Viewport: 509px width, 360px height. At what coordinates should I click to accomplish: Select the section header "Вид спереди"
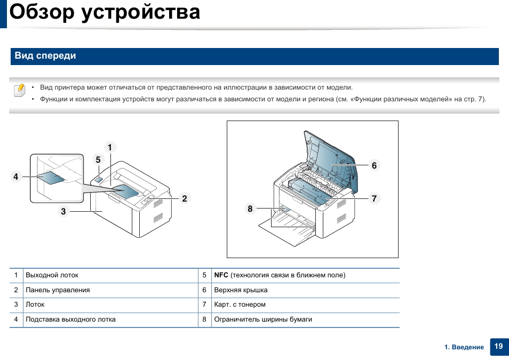tap(45, 56)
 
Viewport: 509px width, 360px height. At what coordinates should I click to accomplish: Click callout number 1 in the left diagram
tap(110, 147)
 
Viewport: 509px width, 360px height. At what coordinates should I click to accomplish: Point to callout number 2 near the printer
tap(184, 199)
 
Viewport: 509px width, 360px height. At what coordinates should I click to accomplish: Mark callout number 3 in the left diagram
tap(63, 211)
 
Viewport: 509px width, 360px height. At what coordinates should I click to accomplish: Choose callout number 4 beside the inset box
tap(16, 177)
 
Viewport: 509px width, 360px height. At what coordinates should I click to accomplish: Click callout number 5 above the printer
tap(98, 159)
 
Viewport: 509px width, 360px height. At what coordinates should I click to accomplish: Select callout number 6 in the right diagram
tap(374, 166)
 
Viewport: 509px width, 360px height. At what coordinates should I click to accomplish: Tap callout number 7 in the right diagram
tap(374, 198)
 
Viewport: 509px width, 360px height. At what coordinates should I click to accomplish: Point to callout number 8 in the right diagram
tap(250, 209)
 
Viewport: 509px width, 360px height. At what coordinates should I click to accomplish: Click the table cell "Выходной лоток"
tap(52, 275)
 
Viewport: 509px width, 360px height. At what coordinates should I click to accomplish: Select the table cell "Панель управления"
tap(58, 290)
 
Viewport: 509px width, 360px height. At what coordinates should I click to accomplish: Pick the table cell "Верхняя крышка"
tap(241, 290)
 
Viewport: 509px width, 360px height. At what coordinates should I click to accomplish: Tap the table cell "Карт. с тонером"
tap(240, 305)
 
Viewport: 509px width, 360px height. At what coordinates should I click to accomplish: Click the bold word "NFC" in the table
tap(221, 275)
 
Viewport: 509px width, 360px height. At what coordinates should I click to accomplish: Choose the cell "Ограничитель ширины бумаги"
tap(263, 319)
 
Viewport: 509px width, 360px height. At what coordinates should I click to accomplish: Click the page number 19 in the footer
tap(498, 346)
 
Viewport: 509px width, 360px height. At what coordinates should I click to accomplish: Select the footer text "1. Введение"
tap(464, 347)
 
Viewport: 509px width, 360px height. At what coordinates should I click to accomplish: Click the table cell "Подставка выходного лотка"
tap(70, 319)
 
